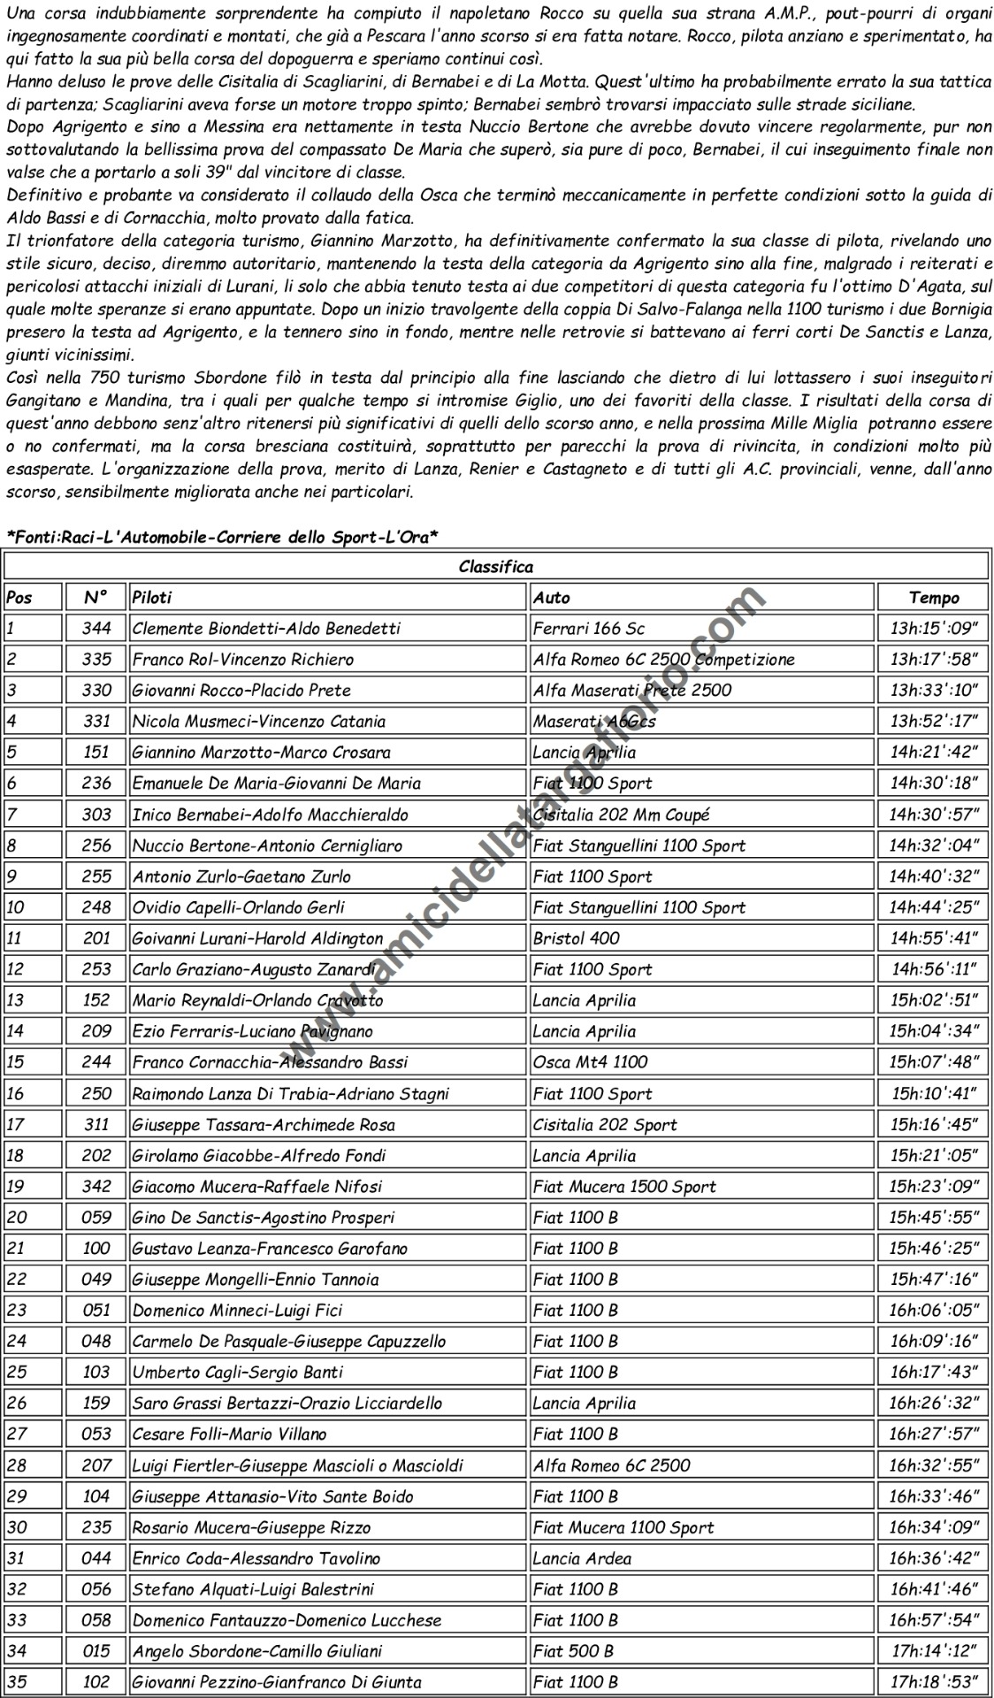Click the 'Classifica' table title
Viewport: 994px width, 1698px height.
click(x=495, y=567)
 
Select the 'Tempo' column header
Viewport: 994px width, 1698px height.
click(x=933, y=598)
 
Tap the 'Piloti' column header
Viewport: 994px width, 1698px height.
click(x=152, y=598)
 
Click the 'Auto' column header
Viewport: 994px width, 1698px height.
click(x=552, y=598)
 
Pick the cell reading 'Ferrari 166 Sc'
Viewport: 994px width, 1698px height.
click(x=589, y=629)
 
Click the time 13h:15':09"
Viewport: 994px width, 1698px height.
click(x=933, y=629)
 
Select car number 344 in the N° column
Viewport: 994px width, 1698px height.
click(x=96, y=629)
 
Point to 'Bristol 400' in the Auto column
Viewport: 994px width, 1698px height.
click(x=577, y=938)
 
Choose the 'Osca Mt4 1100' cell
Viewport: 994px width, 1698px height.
click(x=590, y=1062)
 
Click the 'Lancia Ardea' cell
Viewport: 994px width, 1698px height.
click(x=582, y=1558)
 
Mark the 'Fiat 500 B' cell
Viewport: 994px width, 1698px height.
click(x=573, y=1651)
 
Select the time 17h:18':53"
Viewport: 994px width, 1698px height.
click(x=933, y=1682)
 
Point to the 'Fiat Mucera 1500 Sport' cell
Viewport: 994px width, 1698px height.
click(x=624, y=1187)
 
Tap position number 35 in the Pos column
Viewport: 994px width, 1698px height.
click(x=17, y=1682)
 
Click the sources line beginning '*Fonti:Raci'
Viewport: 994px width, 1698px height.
click(x=223, y=537)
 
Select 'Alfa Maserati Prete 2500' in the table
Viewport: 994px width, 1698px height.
click(x=631, y=691)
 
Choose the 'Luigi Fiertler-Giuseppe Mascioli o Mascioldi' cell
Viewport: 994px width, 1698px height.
click(x=297, y=1465)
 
